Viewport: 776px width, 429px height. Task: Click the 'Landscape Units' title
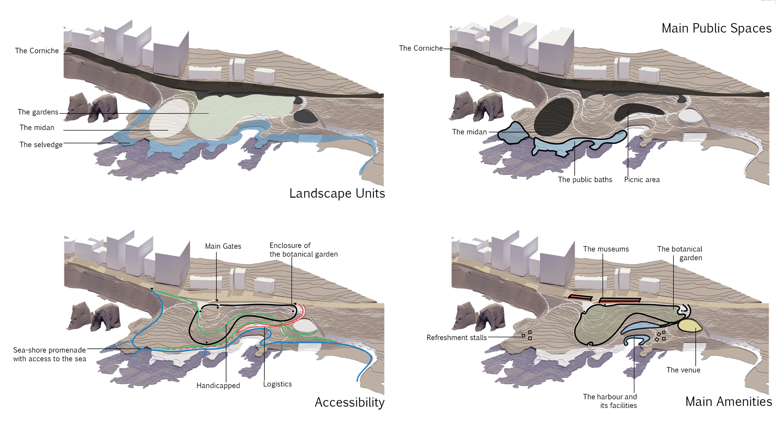(337, 193)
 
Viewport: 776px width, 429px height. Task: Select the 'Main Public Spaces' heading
(716, 28)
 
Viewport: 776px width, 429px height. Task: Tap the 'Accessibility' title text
(349, 402)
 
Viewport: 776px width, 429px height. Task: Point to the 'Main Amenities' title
(728, 402)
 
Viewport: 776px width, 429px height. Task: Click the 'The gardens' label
(38, 112)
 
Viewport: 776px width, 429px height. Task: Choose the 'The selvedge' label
(41, 145)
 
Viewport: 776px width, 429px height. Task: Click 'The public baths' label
(585, 180)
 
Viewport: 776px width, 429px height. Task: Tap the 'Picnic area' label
(642, 180)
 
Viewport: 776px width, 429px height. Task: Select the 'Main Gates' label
(223, 246)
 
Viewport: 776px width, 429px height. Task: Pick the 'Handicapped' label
(218, 386)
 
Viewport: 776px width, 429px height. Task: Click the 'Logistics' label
(277, 384)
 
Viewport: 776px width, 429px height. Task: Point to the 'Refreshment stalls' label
(457, 338)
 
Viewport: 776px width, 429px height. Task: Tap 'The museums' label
(606, 249)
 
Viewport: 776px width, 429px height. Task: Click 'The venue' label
(683, 370)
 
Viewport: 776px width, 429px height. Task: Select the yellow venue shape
(689, 326)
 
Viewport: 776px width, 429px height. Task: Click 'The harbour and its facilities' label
(610, 401)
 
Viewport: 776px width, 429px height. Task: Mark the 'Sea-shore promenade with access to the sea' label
(49, 354)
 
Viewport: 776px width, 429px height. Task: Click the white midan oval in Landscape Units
(169, 118)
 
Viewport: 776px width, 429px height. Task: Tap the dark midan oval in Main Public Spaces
(554, 116)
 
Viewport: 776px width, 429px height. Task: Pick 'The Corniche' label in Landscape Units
(37, 51)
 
